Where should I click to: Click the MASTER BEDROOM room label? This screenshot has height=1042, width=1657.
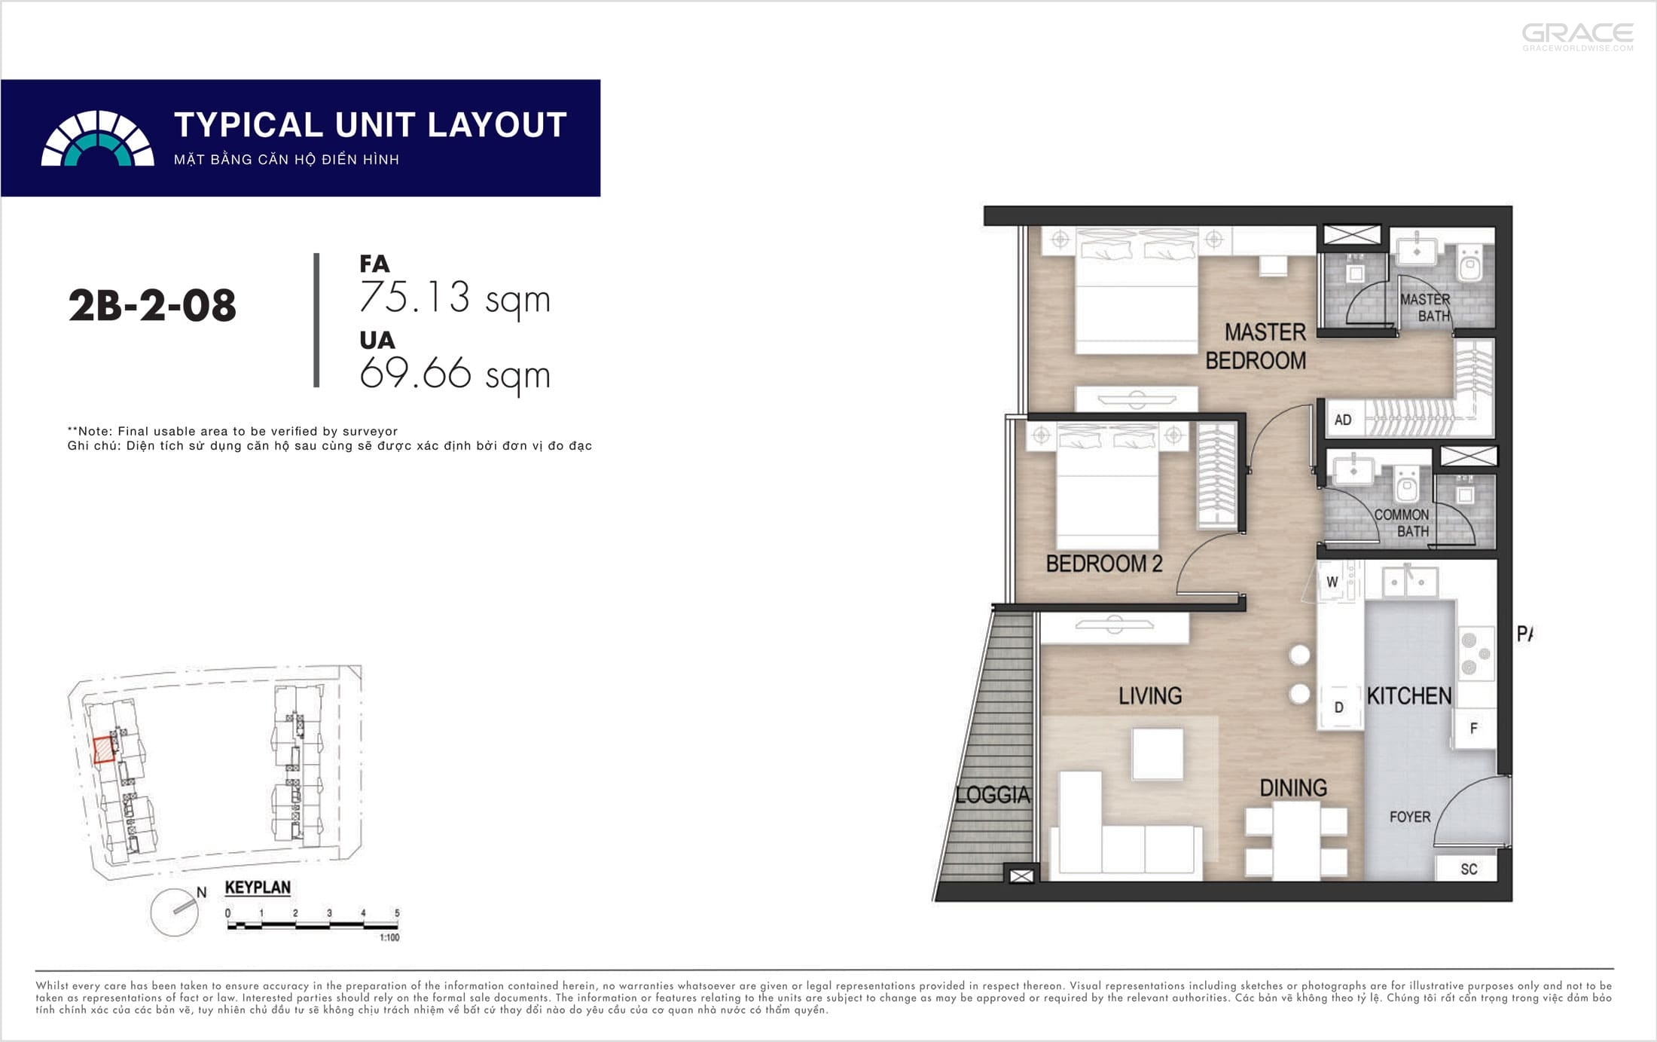click(x=1256, y=346)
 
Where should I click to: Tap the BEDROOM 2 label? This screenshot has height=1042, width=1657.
click(x=1104, y=564)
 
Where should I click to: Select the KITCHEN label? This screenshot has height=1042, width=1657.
click(x=1409, y=695)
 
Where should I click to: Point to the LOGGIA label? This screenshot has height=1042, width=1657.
click(x=993, y=794)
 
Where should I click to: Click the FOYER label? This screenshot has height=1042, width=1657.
click(x=1410, y=817)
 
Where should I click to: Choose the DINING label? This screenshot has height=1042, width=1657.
click(x=1293, y=788)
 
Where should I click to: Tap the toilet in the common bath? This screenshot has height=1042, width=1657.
click(x=1407, y=484)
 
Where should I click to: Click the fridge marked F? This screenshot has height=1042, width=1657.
click(x=1474, y=728)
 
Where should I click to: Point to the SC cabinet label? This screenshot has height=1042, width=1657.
click(x=1469, y=869)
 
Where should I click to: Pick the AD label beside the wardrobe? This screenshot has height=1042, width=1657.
click(x=1343, y=420)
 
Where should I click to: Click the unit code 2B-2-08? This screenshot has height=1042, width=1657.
click(x=152, y=306)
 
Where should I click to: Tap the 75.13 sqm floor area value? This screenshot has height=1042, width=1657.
click(x=455, y=298)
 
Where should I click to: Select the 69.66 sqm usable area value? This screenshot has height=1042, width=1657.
click(x=455, y=374)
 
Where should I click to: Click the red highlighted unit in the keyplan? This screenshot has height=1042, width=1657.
click(x=103, y=750)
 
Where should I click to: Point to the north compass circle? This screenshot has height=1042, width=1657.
click(x=175, y=912)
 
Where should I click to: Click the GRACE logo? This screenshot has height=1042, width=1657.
click(x=1578, y=36)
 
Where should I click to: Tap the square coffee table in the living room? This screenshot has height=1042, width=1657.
click(x=1157, y=753)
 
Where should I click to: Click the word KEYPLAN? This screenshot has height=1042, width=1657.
click(x=258, y=888)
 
